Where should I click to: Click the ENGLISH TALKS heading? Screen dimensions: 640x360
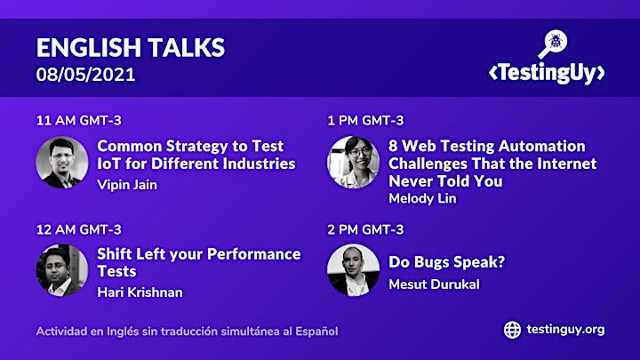tap(131, 47)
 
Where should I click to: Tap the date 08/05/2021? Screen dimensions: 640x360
tap(85, 75)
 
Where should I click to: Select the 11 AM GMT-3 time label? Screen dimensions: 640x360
tap(79, 120)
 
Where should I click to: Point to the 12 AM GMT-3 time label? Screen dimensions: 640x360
tap(79, 229)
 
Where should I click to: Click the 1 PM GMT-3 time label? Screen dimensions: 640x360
tap(365, 120)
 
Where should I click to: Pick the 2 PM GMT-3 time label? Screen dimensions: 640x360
tap(365, 229)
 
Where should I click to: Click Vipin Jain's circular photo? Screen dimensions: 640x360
tap(62, 163)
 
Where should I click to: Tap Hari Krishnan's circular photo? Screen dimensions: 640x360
tap(62, 270)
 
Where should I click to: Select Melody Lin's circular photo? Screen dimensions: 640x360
tap(354, 163)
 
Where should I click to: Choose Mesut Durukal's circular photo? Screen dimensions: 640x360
tap(354, 270)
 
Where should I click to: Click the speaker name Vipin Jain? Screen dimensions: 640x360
tap(127, 185)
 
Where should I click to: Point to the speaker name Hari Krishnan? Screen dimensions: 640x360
tap(140, 292)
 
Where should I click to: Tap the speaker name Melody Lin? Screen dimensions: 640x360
tap(422, 198)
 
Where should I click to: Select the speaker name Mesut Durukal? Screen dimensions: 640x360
tap(434, 284)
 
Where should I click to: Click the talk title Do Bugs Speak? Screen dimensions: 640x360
tap(446, 262)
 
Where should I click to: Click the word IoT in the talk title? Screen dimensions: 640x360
tap(109, 164)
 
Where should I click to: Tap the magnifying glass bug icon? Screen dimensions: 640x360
tap(553, 44)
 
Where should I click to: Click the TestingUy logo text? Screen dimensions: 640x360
tap(547, 73)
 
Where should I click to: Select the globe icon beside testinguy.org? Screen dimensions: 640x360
tap(512, 330)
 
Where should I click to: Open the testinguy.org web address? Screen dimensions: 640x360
tap(565, 330)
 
